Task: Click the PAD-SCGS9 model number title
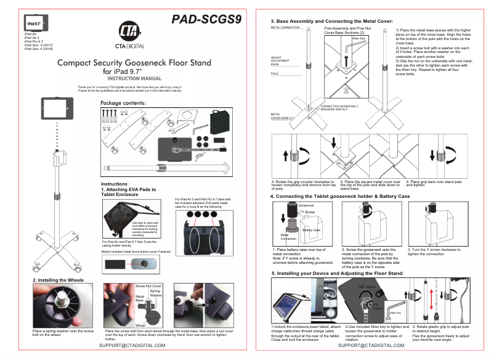click(x=206, y=19)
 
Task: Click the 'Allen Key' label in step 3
click(x=358, y=38)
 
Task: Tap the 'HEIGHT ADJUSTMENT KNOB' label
click(x=281, y=61)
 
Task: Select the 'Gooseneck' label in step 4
click(x=306, y=205)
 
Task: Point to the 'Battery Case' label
click(x=312, y=230)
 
